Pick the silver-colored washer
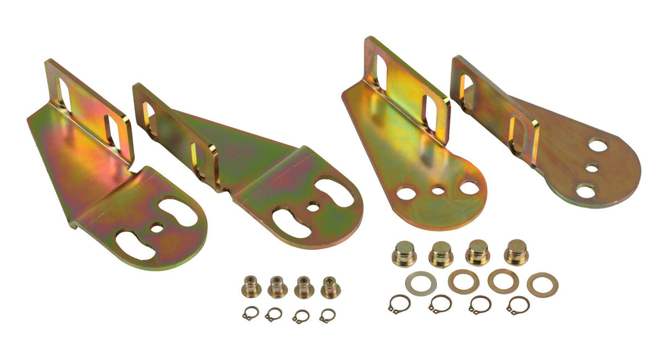point(420,283)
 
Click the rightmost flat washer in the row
point(543,284)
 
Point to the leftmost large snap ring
point(399,304)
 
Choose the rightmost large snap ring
point(518,305)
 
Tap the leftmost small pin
point(250,286)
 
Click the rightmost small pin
point(330,287)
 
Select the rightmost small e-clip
point(327,315)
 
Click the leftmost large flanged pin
point(404,254)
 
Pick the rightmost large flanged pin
point(516,252)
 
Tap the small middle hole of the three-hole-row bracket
point(438,191)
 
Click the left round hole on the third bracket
point(406,193)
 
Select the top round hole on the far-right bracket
point(597,145)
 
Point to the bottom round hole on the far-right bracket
point(585,191)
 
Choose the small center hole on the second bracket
point(313,208)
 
